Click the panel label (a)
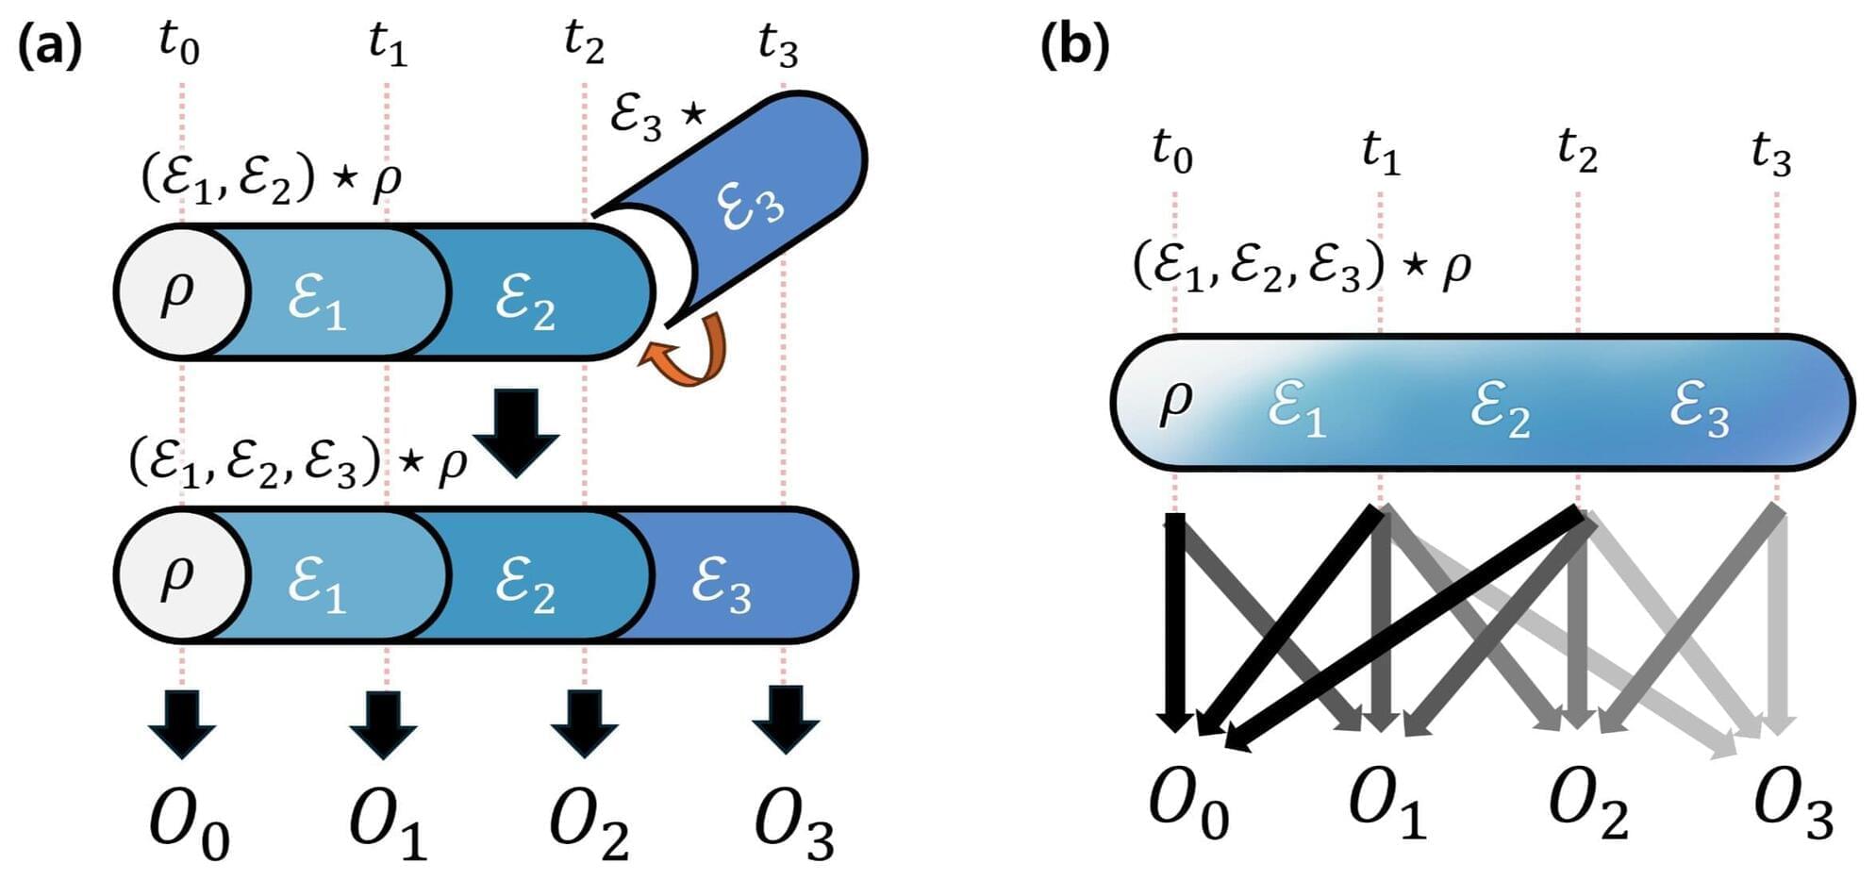point(50,45)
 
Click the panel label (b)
point(1074,45)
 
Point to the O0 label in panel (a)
point(189,825)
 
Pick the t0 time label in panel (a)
point(179,42)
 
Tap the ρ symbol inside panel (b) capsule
point(1174,401)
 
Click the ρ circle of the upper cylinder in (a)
point(179,291)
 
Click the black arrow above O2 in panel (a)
point(585,722)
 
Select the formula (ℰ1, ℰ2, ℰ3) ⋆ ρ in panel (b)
point(1302,266)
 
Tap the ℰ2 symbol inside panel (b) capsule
point(1500,410)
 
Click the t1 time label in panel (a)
point(388,42)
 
